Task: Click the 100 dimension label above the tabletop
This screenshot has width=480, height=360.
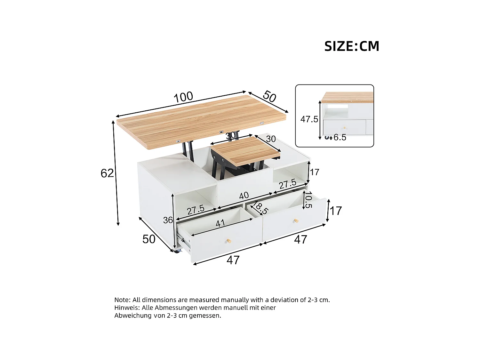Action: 183,97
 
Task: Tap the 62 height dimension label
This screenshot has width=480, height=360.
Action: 107,173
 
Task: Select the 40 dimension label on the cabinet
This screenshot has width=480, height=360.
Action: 244,195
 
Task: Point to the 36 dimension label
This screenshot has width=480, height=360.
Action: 168,220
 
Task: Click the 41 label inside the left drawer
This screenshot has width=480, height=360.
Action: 220,223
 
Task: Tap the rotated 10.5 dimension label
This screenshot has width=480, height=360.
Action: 308,200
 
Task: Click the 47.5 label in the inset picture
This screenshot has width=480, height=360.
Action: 309,119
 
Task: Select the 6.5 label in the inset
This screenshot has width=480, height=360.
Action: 340,137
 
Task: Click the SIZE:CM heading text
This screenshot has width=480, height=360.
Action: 352,46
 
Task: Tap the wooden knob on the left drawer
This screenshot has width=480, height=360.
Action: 228,241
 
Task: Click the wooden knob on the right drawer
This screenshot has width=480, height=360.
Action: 296,221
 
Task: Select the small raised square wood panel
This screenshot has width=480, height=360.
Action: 245,150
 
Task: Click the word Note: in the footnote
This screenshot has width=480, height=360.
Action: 123,300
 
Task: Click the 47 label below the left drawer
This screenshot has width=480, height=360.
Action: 233,260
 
